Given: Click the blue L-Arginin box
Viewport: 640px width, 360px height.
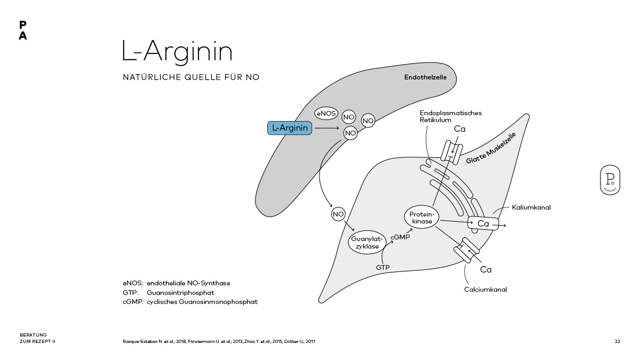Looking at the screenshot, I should click(x=289, y=128).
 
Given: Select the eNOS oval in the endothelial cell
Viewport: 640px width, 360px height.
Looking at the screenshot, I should click(x=325, y=114).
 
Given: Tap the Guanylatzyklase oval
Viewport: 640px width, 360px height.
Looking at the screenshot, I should click(x=367, y=243).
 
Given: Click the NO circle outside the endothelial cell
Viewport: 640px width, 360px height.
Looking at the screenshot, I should click(x=338, y=214).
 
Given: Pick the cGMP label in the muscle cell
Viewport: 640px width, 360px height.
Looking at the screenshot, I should click(x=400, y=237).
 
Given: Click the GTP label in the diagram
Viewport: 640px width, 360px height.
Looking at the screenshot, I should click(x=383, y=267).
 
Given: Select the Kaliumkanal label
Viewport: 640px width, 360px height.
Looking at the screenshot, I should click(x=531, y=207).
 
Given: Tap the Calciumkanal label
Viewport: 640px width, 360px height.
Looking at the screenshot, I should click(x=485, y=290).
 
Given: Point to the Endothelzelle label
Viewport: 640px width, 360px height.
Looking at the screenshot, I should click(x=425, y=77).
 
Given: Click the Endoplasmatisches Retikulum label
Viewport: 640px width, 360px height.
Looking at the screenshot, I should click(x=450, y=116).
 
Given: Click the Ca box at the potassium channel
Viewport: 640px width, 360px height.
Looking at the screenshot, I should click(x=483, y=223).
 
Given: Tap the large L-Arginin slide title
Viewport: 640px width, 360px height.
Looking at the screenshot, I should click(x=177, y=52).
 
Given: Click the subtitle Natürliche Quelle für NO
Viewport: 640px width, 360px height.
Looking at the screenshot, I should click(x=191, y=77).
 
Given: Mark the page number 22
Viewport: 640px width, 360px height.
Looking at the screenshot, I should click(x=617, y=341).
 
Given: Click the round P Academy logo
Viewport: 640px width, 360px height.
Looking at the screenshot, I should click(x=610, y=180).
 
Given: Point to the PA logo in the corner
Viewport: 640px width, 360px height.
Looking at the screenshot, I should click(x=22, y=30).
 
